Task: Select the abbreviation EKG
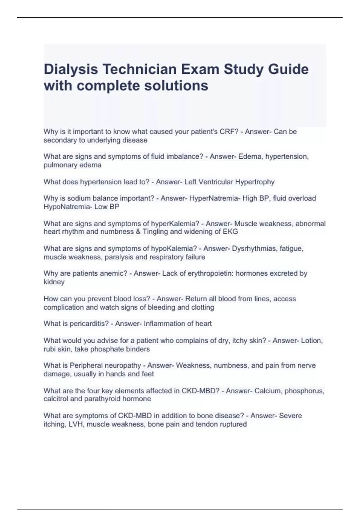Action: (x=231, y=232)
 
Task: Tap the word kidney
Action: (x=54, y=282)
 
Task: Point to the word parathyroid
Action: (x=105, y=399)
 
